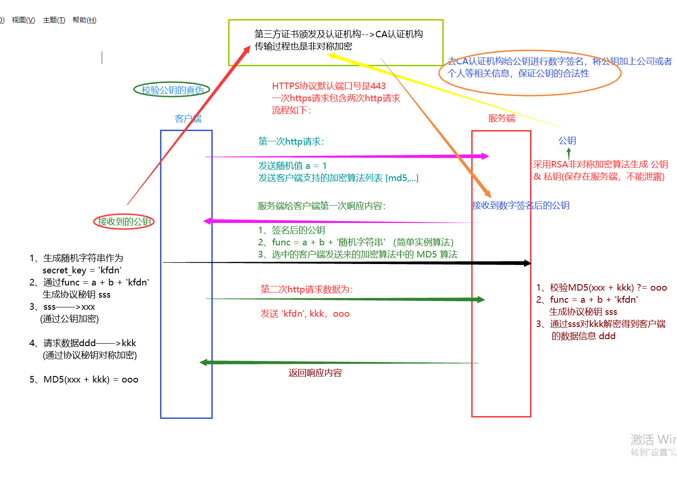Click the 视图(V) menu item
tap(23, 20)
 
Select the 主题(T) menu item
tap(54, 20)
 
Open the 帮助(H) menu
tap(84, 20)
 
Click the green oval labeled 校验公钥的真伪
tap(172, 90)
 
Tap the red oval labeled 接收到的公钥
tap(124, 222)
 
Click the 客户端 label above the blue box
tap(188, 118)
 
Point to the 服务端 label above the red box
tap(502, 118)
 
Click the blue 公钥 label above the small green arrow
tap(567, 140)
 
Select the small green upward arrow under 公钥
tap(568, 153)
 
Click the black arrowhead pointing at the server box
tap(527, 263)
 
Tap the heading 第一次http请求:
tap(291, 141)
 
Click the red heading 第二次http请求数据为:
tap(307, 289)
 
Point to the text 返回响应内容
tap(315, 373)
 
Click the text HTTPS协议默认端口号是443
tap(328, 86)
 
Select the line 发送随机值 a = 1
tap(293, 166)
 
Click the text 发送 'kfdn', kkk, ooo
tap(305, 313)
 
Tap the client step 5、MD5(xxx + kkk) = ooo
tap(84, 379)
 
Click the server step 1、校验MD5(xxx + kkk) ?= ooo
tap(601, 287)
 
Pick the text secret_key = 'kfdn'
tap(82, 270)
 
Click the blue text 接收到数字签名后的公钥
tap(521, 205)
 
